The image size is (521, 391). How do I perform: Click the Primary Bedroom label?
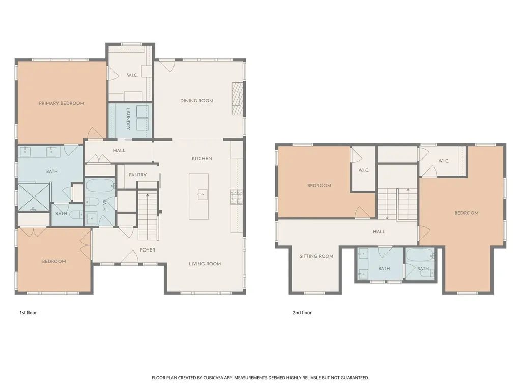pyautogui.click(x=62, y=103)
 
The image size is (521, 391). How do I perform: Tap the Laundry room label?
pyautogui.click(x=128, y=119)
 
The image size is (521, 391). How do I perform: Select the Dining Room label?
pyautogui.click(x=197, y=101)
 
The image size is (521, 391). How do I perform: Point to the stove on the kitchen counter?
pyautogui.click(x=236, y=197)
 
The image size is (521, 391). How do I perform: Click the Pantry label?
pyautogui.click(x=137, y=175)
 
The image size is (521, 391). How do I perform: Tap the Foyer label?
pyautogui.click(x=148, y=250)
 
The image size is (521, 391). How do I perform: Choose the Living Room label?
pyautogui.click(x=205, y=264)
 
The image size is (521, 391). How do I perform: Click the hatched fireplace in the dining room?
pyautogui.click(x=238, y=98)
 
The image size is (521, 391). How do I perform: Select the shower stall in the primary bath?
pyautogui.click(x=33, y=197)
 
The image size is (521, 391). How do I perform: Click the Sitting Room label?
pyautogui.click(x=316, y=257)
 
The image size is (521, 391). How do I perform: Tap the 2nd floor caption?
pyautogui.click(x=302, y=313)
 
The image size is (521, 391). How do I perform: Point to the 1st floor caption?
pyautogui.click(x=28, y=313)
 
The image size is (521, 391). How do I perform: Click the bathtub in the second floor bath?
pyautogui.click(x=420, y=256)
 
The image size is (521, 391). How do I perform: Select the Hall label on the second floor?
pyautogui.click(x=379, y=232)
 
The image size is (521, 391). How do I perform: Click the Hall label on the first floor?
pyautogui.click(x=119, y=151)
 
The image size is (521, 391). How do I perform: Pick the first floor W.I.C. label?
pyautogui.click(x=132, y=75)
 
